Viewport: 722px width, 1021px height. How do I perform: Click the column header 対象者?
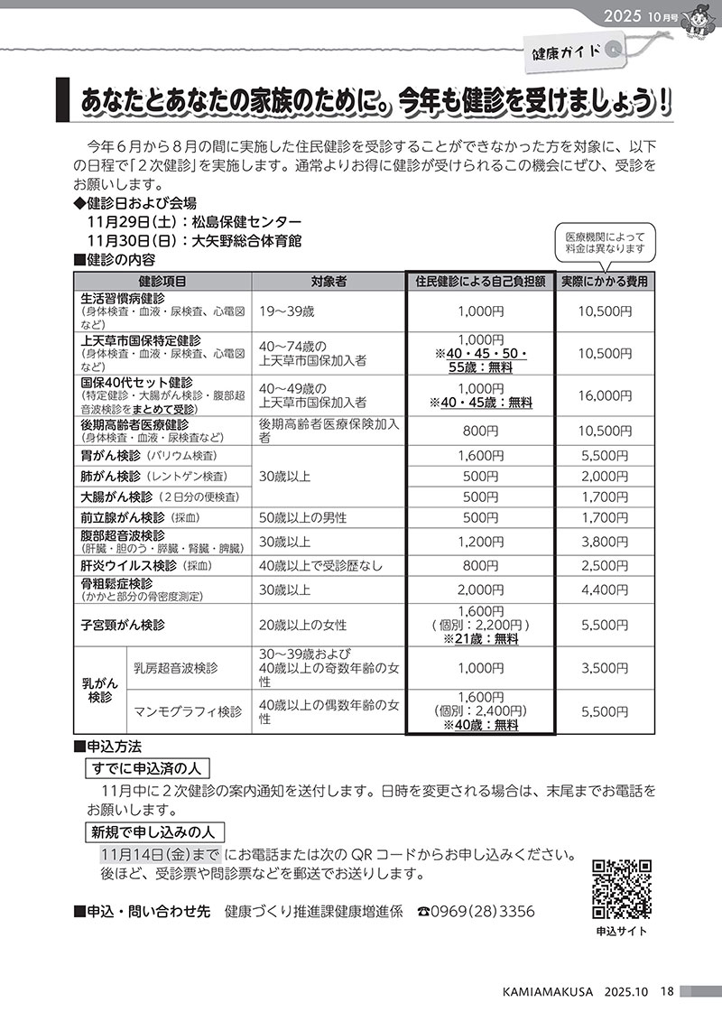click(x=329, y=282)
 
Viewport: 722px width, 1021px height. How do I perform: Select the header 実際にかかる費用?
click(x=605, y=282)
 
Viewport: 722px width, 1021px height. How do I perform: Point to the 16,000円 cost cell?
click(x=605, y=395)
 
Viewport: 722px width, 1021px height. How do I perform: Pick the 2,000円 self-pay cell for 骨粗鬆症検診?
click(x=480, y=590)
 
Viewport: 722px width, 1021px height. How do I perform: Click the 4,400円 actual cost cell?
click(x=605, y=590)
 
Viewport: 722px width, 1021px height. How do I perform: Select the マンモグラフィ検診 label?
click(x=188, y=711)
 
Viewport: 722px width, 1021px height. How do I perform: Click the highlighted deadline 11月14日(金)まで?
click(x=160, y=854)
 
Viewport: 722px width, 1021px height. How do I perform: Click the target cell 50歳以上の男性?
click(x=303, y=518)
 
